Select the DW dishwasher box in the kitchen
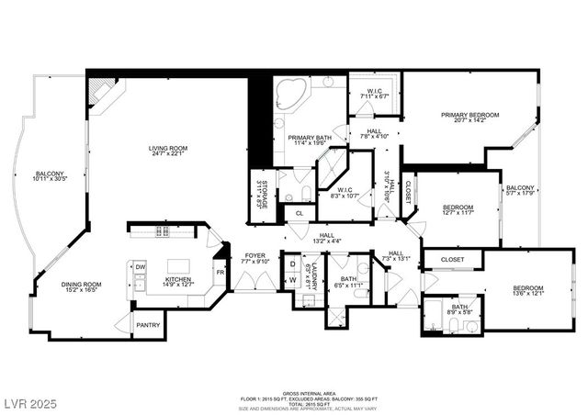[x=141, y=267]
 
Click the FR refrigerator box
[x=220, y=273]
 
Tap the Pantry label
[x=147, y=324]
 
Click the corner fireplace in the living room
[x=103, y=93]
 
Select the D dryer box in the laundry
[x=292, y=264]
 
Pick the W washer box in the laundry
[x=292, y=281]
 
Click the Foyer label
[x=255, y=256]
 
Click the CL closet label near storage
[x=299, y=213]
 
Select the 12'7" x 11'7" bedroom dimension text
[x=457, y=213]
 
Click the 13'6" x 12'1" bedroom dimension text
[x=528, y=295]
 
